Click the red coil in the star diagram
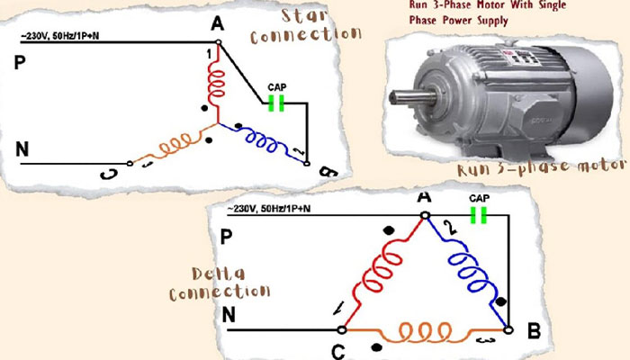coord(217,85)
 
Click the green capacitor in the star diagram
coord(276,103)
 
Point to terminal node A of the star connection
coord(218,41)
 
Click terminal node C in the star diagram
coord(130,164)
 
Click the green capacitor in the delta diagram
coord(479,215)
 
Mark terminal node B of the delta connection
coord(508,330)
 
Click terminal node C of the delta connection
coord(342,330)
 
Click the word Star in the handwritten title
coord(304,16)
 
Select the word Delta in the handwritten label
coord(218,274)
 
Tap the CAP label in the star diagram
coord(277,87)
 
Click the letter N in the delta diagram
coord(229,315)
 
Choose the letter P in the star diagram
coord(20,62)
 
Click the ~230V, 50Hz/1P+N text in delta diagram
coord(268,209)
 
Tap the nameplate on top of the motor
coord(521,57)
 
